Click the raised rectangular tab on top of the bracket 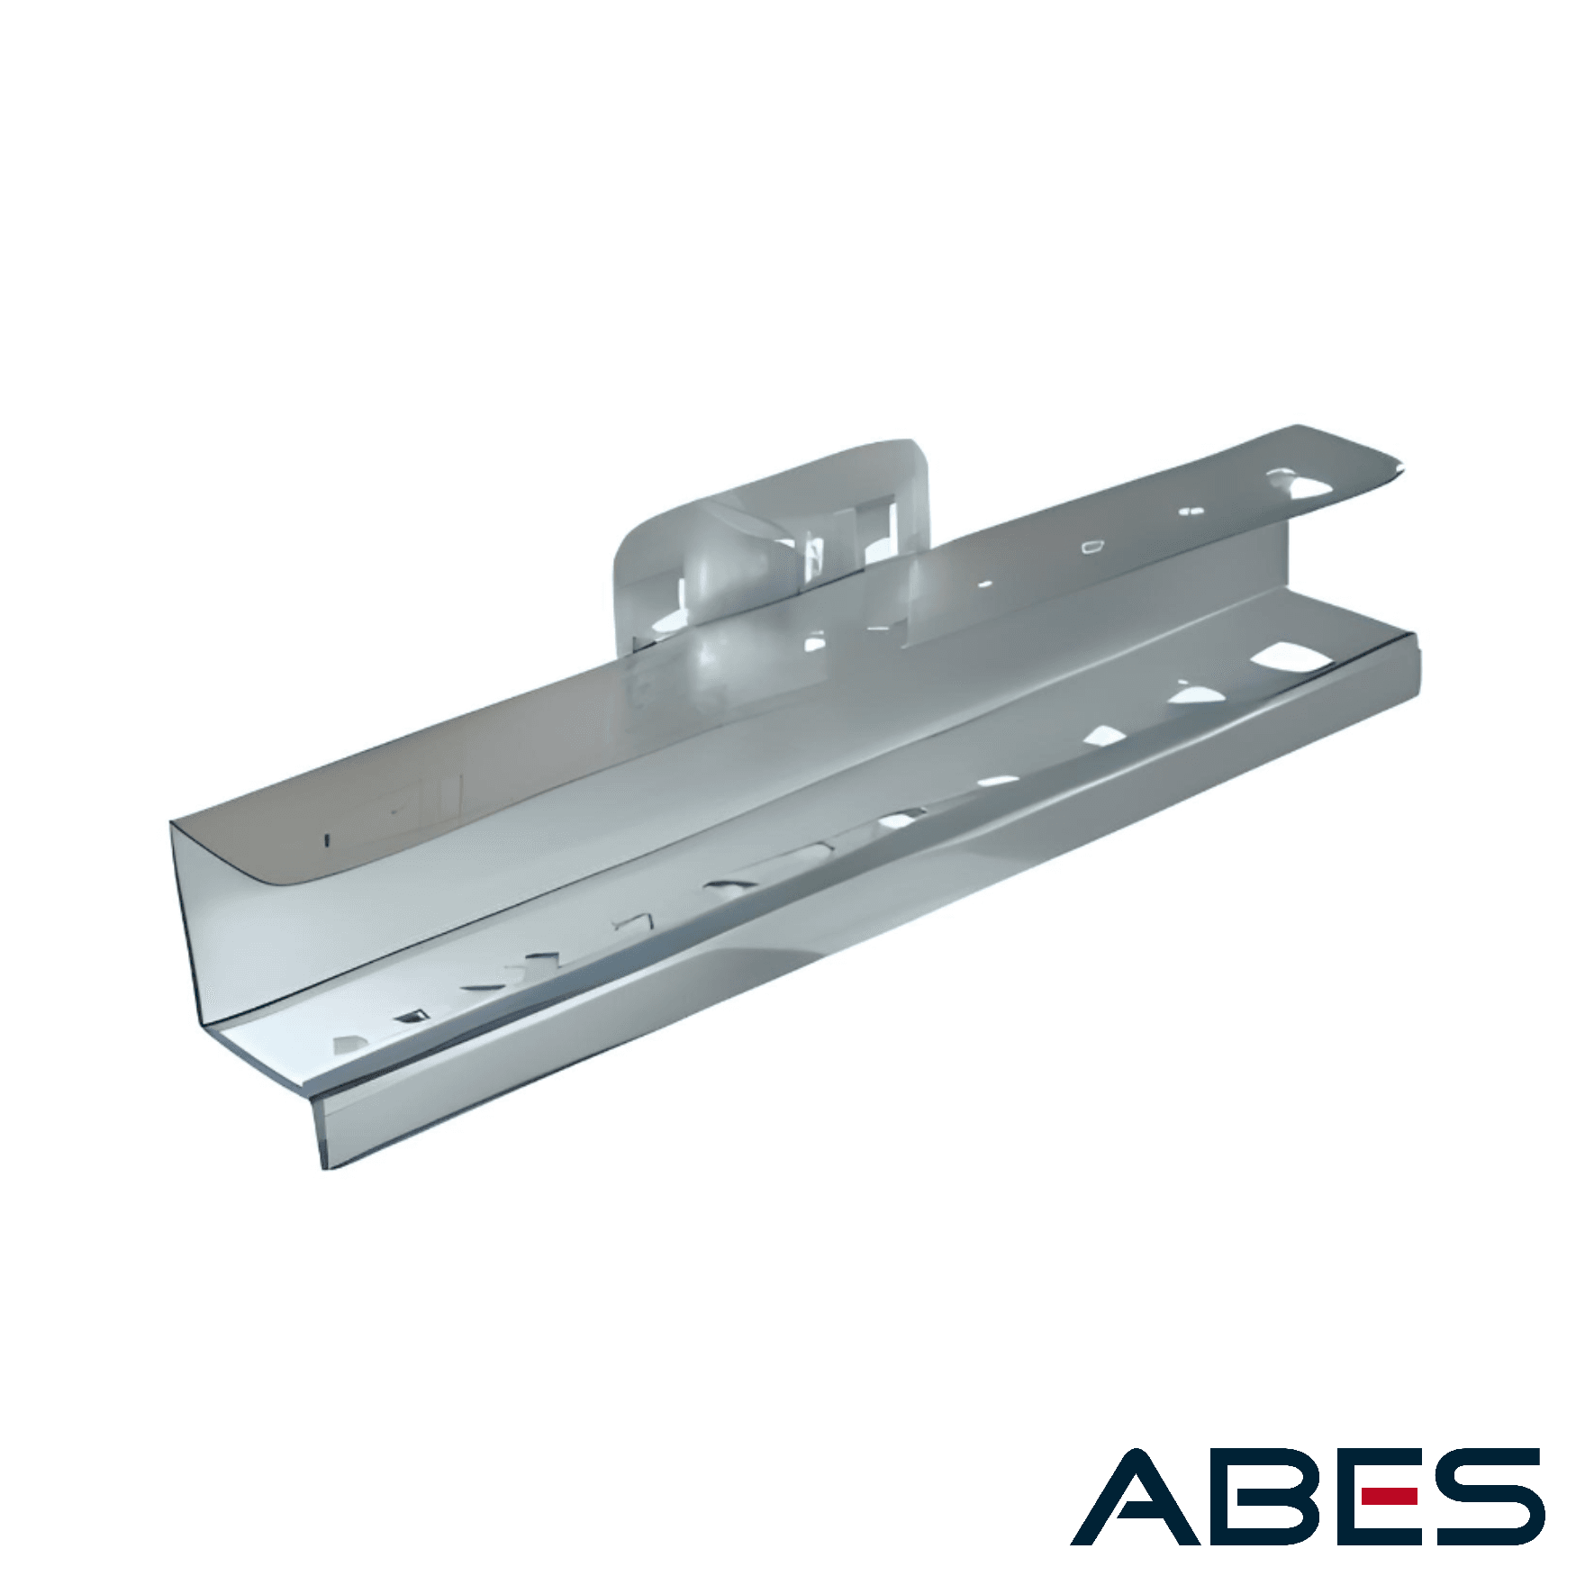point(771,545)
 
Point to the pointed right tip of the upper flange point(1401,465)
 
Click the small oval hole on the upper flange point(1095,546)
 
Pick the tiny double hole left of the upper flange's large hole point(1191,512)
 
